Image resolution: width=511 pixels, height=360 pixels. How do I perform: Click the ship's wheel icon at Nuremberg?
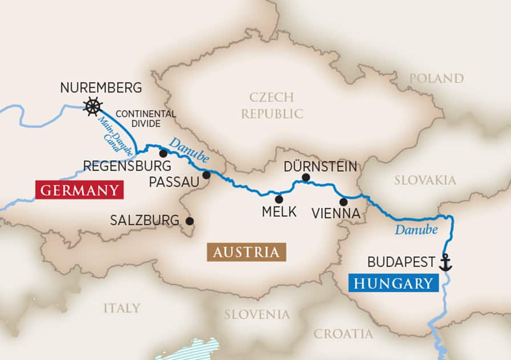(x=93, y=106)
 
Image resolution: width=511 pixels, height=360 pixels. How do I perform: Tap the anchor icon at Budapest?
(x=445, y=262)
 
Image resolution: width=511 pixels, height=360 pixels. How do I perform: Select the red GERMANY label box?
(x=79, y=190)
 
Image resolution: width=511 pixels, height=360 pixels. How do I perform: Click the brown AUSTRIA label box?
(x=246, y=252)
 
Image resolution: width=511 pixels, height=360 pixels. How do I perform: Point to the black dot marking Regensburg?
(x=163, y=153)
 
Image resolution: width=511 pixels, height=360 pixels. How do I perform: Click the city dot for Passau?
(x=206, y=175)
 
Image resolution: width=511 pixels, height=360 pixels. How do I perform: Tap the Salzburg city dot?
(x=189, y=221)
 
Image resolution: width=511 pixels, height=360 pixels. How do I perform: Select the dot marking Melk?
(x=279, y=199)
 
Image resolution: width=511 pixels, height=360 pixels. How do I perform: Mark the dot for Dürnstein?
(x=306, y=177)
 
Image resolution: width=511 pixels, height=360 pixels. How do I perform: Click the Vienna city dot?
(x=343, y=201)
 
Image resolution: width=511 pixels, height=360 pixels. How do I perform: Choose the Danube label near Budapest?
(x=416, y=230)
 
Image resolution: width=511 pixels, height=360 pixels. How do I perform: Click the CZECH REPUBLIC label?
(x=271, y=105)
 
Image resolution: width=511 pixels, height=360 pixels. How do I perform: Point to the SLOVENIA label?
(x=257, y=314)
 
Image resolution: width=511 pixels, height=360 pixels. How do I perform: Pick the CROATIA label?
(x=343, y=334)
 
